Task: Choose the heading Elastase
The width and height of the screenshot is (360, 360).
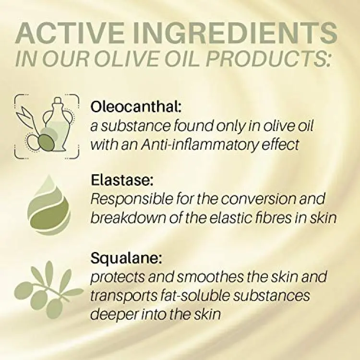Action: pos(122,180)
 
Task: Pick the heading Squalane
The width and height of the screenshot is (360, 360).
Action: pos(126,259)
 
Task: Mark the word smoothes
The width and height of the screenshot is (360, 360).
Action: pos(210,277)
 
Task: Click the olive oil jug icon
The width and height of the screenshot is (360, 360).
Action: pos(47,126)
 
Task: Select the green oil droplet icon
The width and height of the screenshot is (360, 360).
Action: pos(49,205)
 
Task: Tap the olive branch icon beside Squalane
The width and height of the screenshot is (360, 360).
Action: pos(49,290)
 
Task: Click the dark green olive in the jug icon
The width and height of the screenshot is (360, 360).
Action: pos(47,143)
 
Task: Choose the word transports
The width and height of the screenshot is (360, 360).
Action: pos(122,296)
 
